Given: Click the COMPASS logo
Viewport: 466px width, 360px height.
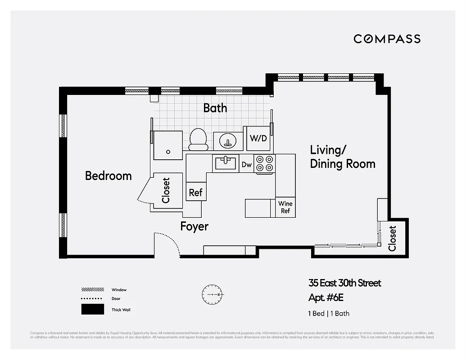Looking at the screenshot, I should (x=387, y=39).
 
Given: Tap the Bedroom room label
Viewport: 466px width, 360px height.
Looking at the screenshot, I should (x=109, y=175).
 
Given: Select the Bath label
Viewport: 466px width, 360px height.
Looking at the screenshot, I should (x=215, y=108).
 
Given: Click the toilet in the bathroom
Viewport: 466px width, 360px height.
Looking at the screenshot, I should (x=198, y=139).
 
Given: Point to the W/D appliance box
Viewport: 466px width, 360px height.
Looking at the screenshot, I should (x=258, y=138).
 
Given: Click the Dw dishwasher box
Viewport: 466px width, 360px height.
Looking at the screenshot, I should (x=246, y=165).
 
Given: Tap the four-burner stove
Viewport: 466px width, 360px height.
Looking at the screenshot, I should (x=265, y=163).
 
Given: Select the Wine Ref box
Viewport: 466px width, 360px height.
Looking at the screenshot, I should (x=285, y=207).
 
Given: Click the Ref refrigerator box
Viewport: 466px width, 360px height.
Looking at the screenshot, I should (x=196, y=193).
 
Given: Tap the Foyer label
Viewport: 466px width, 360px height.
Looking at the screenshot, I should (x=195, y=226).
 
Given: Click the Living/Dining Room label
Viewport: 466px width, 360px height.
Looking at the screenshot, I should (x=342, y=157).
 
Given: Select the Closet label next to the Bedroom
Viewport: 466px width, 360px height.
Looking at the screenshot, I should (x=166, y=190).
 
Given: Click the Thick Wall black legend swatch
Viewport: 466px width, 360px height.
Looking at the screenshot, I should (x=92, y=310).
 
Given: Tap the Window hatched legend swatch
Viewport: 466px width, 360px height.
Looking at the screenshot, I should (x=93, y=289).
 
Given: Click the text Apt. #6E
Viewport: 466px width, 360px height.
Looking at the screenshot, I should (x=329, y=298).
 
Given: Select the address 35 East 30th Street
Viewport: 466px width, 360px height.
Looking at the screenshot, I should (x=345, y=283).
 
